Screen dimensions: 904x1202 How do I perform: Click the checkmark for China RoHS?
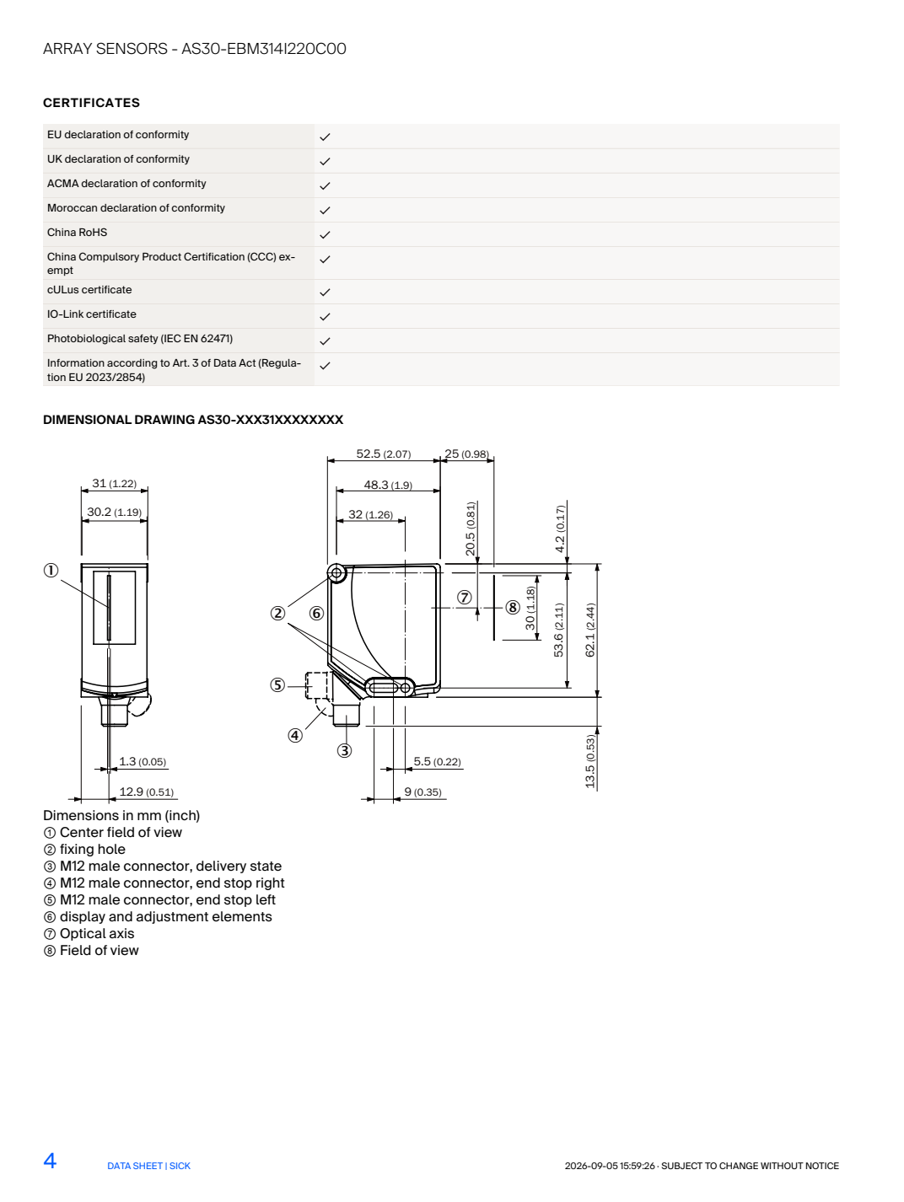325,235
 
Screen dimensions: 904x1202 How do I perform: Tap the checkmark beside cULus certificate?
325,292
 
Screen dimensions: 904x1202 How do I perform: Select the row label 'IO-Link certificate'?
91,314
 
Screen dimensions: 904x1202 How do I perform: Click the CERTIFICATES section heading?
91,103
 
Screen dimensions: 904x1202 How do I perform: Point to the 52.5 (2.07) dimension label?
384,454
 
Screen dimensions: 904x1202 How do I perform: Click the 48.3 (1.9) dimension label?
388,486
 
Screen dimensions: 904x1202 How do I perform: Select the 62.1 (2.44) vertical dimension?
590,630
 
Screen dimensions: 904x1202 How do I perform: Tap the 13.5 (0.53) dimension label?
590,762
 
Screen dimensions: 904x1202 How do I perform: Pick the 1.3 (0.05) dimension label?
143,762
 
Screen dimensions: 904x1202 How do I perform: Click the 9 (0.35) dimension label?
423,791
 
